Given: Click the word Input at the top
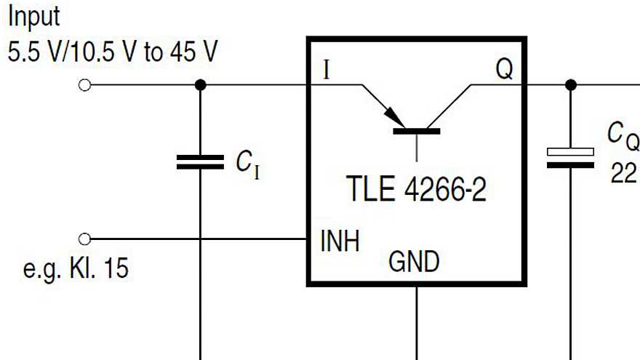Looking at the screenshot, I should point(33,16).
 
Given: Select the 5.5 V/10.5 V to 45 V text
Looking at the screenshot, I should point(113,52).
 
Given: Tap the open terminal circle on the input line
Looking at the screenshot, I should point(84,85).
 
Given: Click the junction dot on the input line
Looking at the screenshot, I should point(201,85).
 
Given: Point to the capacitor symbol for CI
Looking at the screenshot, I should point(201,161).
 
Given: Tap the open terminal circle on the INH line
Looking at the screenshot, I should point(84,239).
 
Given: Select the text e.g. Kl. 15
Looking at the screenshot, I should point(76,268).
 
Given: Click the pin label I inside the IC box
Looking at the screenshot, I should point(327,71).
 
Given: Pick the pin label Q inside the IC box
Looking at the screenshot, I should point(504,70).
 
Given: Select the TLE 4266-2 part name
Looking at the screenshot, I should point(415,191).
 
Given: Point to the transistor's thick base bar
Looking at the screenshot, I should point(416,132).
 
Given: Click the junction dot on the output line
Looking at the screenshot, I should point(571,85).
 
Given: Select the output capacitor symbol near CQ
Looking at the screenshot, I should point(570,158).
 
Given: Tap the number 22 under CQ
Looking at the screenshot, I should point(624,174).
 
